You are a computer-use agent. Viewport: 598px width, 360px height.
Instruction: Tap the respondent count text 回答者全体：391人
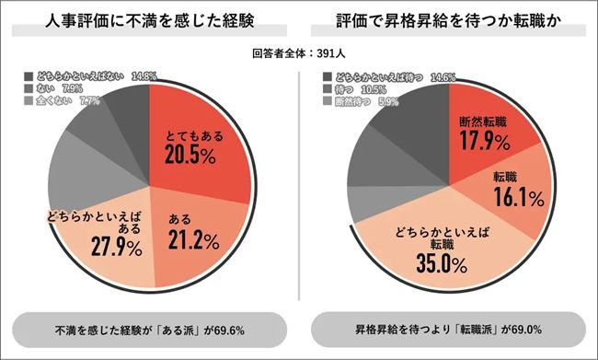tap(298, 53)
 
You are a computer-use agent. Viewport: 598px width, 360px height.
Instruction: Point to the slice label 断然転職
tap(483, 122)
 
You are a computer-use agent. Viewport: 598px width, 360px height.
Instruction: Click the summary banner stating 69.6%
tap(149, 329)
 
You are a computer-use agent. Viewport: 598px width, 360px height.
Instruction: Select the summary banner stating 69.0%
tap(448, 329)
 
